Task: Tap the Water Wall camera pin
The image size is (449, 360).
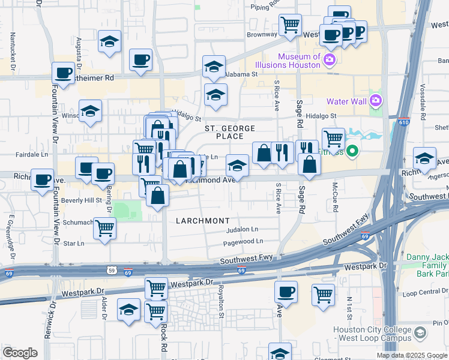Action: pos(376,100)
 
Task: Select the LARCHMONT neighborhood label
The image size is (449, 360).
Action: pos(203,221)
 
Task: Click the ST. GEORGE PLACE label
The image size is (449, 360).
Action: pos(230,133)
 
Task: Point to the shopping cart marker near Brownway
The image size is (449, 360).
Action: pos(291,25)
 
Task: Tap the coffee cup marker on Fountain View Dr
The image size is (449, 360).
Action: pos(63,73)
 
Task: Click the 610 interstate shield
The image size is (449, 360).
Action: pos(402,122)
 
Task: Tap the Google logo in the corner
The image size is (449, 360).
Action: pos(20,352)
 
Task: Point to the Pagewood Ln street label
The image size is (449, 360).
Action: pos(243,241)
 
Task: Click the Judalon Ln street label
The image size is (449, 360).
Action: pos(242,229)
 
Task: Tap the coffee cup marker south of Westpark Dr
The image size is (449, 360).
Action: pos(286,292)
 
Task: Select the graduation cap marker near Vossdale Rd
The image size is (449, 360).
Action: pos(425,158)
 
